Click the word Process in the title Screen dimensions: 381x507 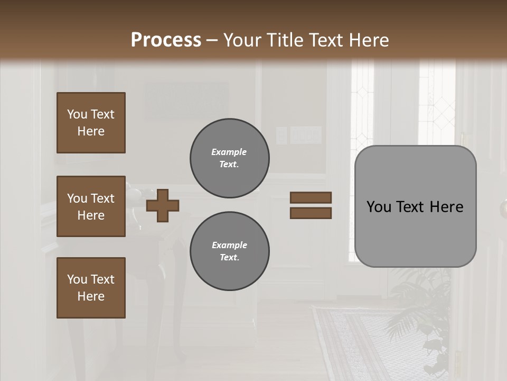point(166,40)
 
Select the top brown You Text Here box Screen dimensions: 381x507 point(91,123)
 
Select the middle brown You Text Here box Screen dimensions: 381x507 point(91,206)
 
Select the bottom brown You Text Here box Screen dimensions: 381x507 point(91,288)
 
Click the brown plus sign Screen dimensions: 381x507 point(163,205)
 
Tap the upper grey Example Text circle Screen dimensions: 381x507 point(229,158)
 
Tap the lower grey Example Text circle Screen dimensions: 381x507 point(229,251)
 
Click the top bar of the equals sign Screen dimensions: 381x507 point(311,198)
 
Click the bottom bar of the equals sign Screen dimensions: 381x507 point(311,213)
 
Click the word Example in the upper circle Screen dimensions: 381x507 point(229,152)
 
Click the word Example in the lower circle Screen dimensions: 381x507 point(229,245)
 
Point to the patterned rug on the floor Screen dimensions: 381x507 point(359,339)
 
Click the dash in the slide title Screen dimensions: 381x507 point(212,40)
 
